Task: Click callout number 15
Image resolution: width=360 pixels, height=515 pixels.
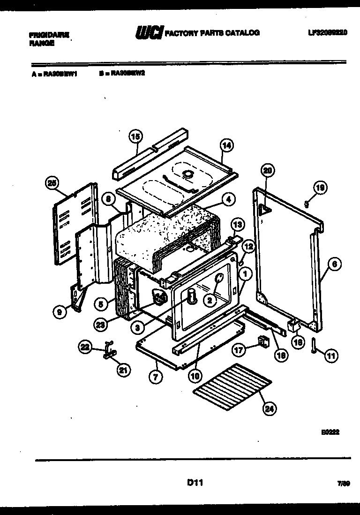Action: click(x=135, y=137)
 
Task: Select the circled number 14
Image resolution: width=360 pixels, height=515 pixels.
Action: click(x=226, y=146)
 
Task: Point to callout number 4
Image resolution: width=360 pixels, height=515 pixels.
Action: click(x=228, y=199)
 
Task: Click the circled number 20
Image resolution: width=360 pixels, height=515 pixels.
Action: click(x=267, y=171)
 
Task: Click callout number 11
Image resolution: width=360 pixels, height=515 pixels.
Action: click(x=331, y=356)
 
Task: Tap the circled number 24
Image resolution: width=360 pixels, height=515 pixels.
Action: click(x=269, y=409)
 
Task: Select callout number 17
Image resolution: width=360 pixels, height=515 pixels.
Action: click(x=239, y=349)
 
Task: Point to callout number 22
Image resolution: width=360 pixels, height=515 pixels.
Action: click(x=85, y=347)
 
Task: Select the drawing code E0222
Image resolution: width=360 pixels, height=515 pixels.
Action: click(x=330, y=433)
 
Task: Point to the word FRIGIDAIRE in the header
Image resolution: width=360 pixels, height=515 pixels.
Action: click(x=49, y=35)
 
